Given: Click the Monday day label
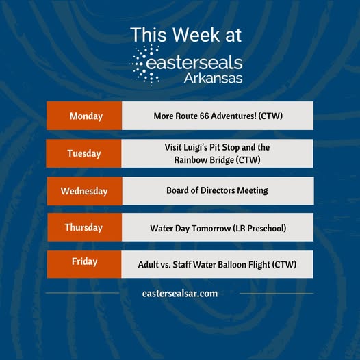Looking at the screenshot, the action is click(86, 116).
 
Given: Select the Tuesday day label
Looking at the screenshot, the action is click(84, 153).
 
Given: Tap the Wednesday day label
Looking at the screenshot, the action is click(84, 191).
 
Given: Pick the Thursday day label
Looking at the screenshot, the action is click(83, 227).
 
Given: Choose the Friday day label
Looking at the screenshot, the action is click(84, 261).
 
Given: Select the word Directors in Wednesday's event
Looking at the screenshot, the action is click(218, 190).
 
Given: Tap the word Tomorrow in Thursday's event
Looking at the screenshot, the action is click(211, 229).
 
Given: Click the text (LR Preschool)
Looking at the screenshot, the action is click(259, 229).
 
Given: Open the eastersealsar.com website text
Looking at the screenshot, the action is click(180, 294).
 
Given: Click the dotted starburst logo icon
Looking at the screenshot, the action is click(145, 65).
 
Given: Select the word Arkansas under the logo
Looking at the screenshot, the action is click(213, 78).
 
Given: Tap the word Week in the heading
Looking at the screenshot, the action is click(196, 35).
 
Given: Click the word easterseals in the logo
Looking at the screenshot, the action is click(194, 62).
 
